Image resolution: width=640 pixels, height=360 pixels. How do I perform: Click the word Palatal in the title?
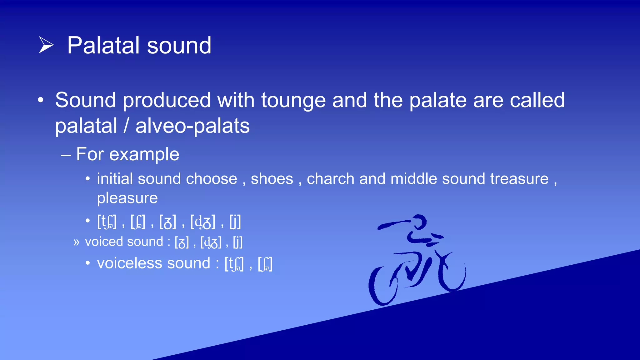(x=103, y=46)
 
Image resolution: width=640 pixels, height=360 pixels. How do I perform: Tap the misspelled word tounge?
(x=293, y=101)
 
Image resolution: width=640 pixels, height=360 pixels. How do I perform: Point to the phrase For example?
(x=127, y=154)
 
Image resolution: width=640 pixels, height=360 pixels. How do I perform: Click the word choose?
(x=212, y=179)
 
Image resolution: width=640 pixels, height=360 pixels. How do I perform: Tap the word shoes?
(x=272, y=179)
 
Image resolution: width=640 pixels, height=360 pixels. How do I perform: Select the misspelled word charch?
(x=330, y=179)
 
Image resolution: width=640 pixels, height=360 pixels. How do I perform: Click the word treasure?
(x=519, y=179)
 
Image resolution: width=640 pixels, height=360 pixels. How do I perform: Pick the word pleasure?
(x=127, y=198)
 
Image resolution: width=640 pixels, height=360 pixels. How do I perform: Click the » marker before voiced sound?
(x=76, y=242)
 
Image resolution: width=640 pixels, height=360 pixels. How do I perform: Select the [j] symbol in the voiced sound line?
(x=237, y=242)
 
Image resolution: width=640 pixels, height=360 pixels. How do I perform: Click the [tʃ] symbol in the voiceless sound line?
(x=234, y=264)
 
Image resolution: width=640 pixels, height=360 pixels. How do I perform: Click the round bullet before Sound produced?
(x=41, y=101)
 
